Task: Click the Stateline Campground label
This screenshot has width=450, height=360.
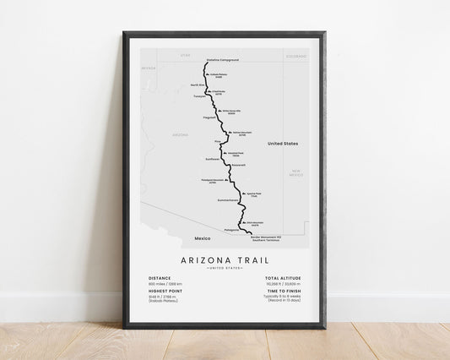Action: click(223, 60)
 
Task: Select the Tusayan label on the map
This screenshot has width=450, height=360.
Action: click(198, 95)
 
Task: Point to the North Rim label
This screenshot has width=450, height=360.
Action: click(198, 85)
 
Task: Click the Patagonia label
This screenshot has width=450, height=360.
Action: click(233, 229)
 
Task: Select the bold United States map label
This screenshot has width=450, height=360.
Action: click(283, 144)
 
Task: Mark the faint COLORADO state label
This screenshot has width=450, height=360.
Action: click(295, 56)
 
